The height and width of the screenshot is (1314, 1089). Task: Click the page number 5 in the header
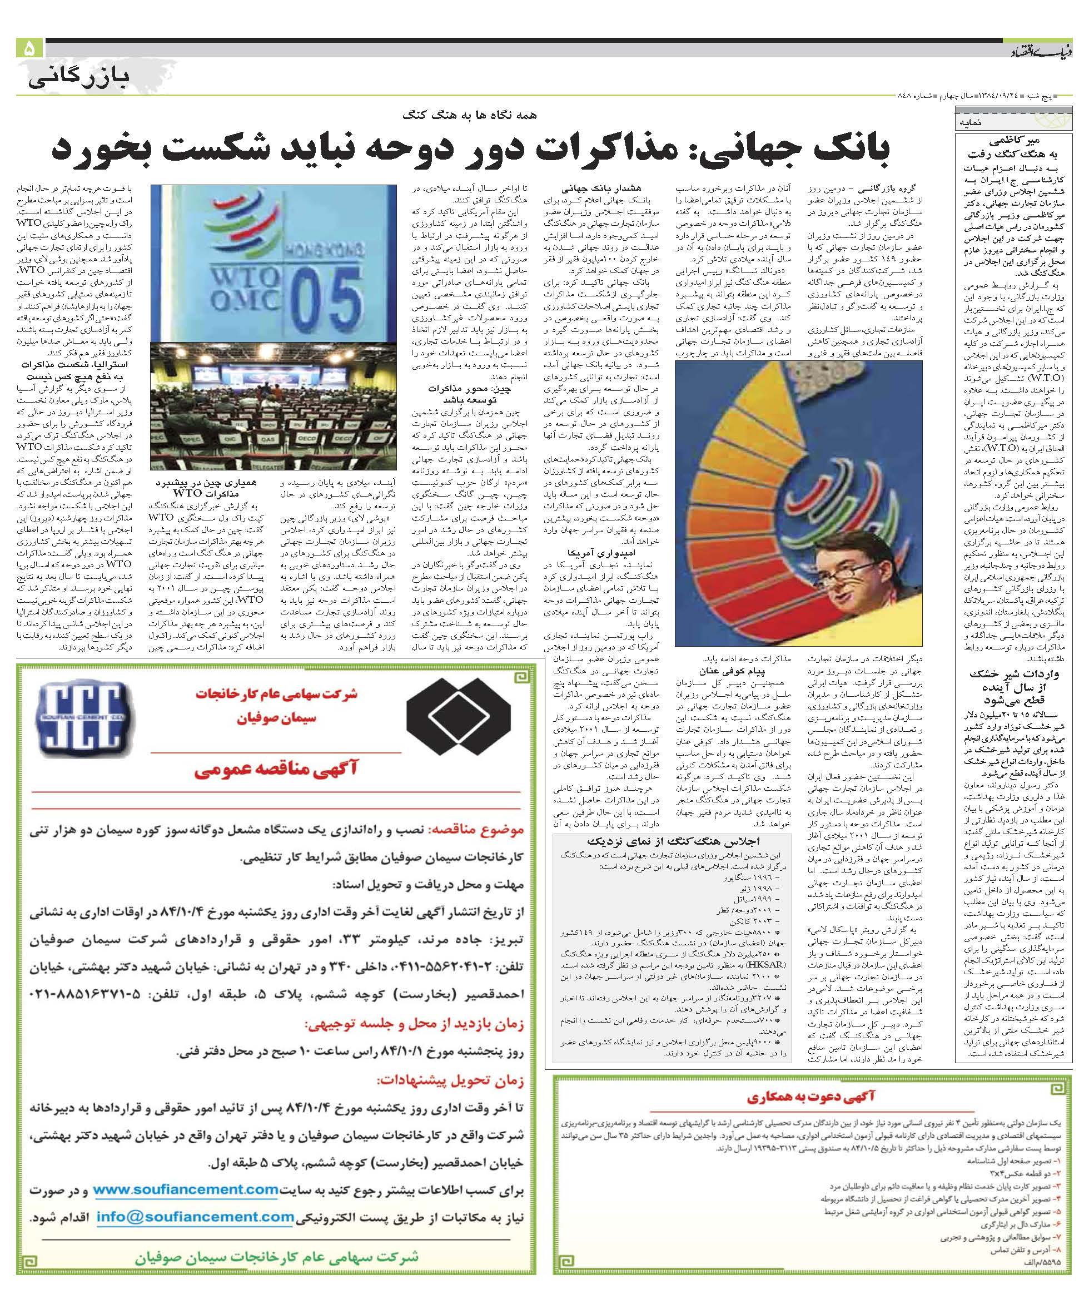click(x=29, y=49)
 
